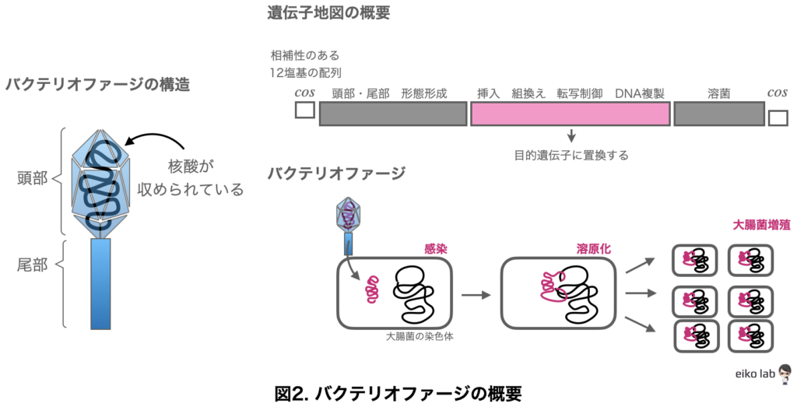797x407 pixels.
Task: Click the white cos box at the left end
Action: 304,109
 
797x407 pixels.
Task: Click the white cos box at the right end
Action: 778,118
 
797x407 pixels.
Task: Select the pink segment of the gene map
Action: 570,114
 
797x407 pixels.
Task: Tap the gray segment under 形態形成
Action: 392,114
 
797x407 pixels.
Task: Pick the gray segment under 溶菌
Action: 718,114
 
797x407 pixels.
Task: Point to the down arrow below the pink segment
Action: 571,135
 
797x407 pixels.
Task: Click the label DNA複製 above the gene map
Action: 639,93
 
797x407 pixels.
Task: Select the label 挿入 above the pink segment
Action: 487,93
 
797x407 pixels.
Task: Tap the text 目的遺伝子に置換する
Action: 571,155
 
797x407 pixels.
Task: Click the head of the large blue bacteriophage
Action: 100,181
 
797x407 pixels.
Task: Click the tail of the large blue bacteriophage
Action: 100,283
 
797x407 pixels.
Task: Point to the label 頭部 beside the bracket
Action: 32,178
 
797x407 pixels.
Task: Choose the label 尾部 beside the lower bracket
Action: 32,265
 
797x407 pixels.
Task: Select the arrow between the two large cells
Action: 476,295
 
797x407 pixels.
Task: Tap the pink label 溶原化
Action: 593,248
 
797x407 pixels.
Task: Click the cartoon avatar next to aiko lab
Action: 785,374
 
